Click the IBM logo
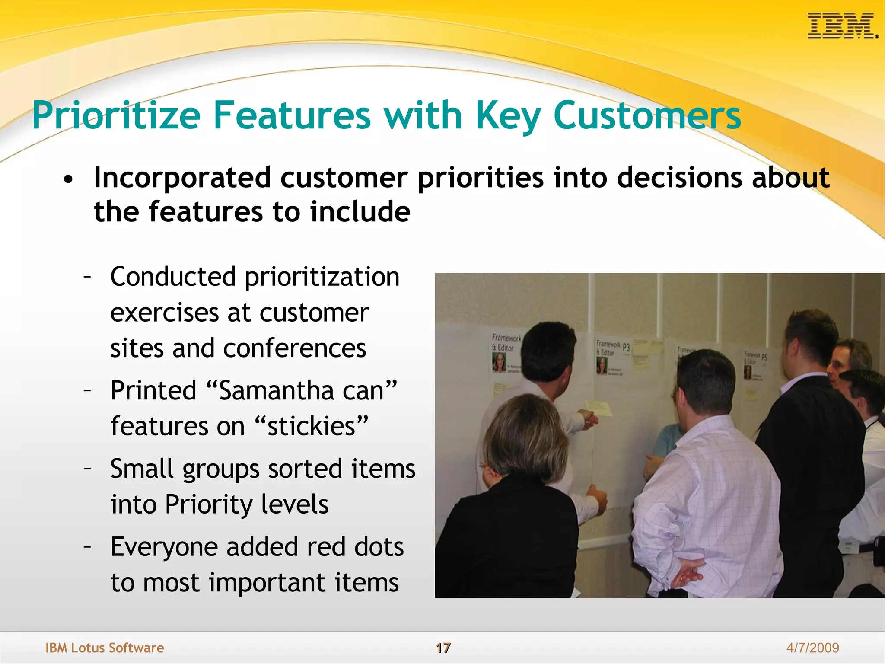(x=842, y=26)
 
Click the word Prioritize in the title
(x=116, y=115)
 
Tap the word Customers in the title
(x=647, y=115)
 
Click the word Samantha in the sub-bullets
(x=277, y=390)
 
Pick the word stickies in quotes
(x=312, y=426)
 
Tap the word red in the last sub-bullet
(x=325, y=547)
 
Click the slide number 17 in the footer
(x=443, y=648)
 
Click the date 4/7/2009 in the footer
(x=812, y=648)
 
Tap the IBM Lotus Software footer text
(x=105, y=648)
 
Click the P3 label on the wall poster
(x=626, y=348)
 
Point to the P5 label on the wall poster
(x=764, y=357)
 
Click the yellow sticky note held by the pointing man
(x=599, y=408)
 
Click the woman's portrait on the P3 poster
(x=602, y=365)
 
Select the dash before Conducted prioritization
(x=88, y=277)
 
